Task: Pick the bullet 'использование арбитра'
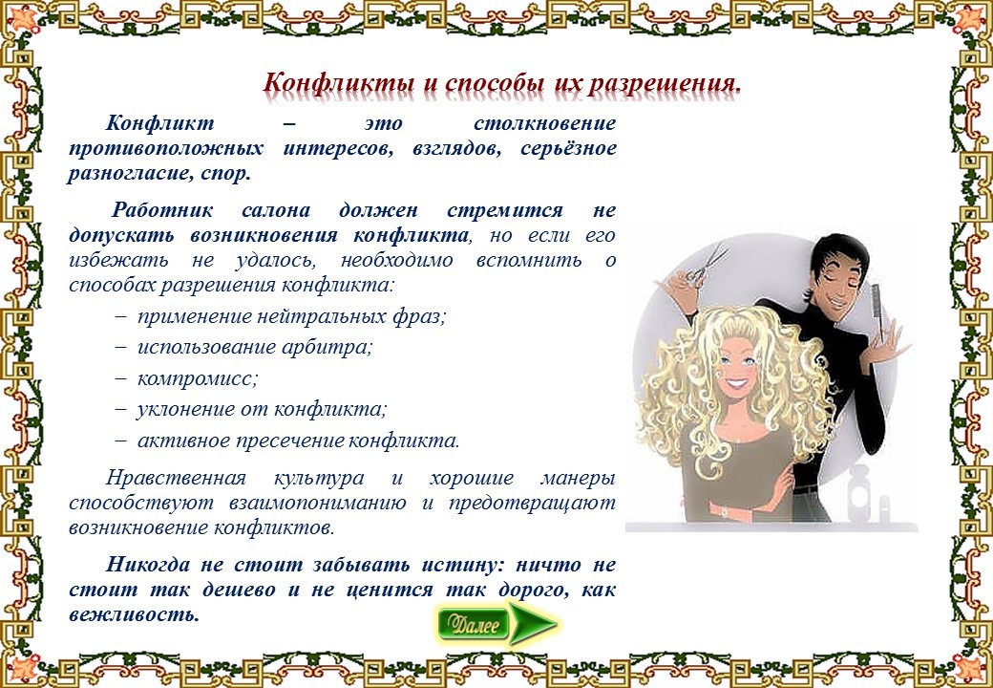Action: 243,347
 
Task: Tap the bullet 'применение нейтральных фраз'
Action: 281,316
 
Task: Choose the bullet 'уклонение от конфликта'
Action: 251,409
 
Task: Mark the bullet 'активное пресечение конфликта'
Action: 287,441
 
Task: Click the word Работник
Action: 162,210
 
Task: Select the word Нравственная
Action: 176,478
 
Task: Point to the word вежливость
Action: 135,613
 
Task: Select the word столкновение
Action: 544,122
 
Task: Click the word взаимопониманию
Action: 318,503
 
